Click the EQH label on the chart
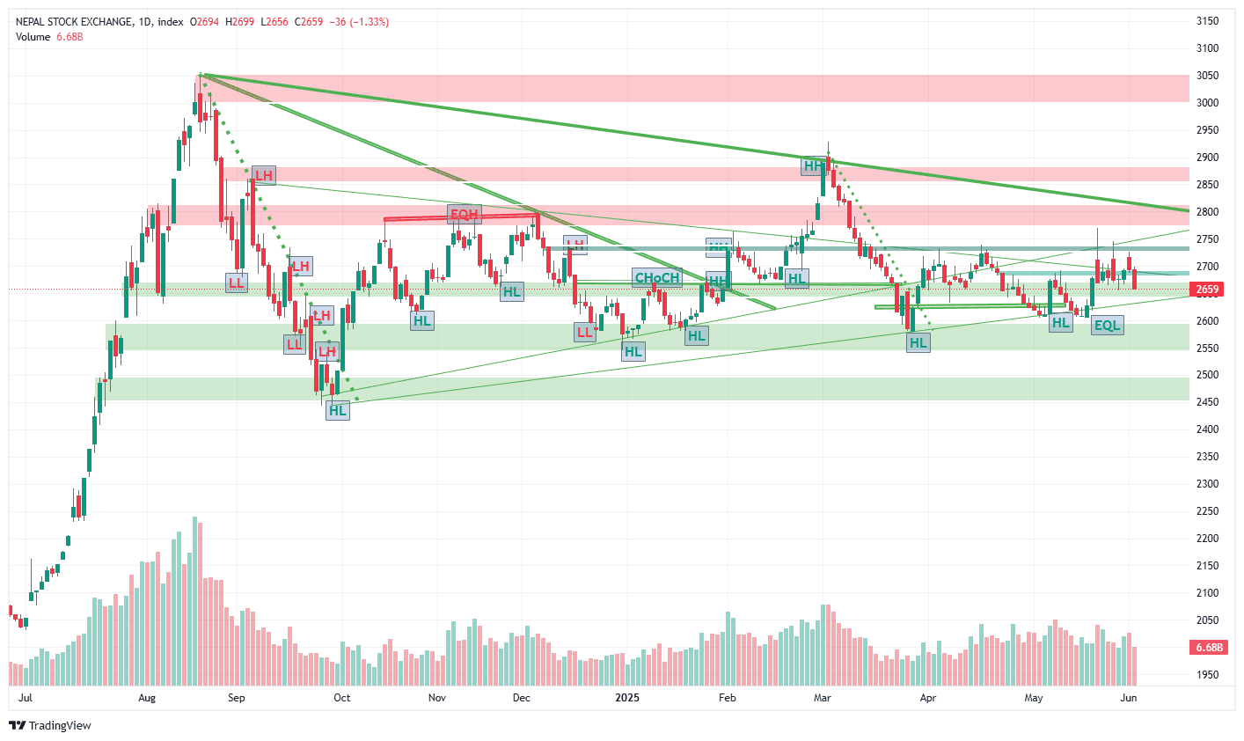click(x=464, y=214)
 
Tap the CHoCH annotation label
click(x=656, y=278)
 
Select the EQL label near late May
click(x=1107, y=326)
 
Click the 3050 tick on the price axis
click(x=1208, y=76)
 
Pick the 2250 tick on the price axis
click(x=1208, y=511)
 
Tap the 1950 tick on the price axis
click(x=1208, y=675)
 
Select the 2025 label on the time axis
click(x=626, y=698)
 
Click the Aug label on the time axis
click(x=147, y=698)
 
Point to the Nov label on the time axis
click(x=436, y=698)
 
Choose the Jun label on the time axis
click(x=1129, y=698)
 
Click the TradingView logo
click(x=50, y=726)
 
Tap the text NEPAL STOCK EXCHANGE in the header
click(x=71, y=22)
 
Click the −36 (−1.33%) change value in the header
click(x=358, y=22)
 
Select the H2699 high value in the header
click(x=239, y=22)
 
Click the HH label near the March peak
click(x=813, y=165)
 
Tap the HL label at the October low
click(x=338, y=410)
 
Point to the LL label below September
click(x=236, y=283)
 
